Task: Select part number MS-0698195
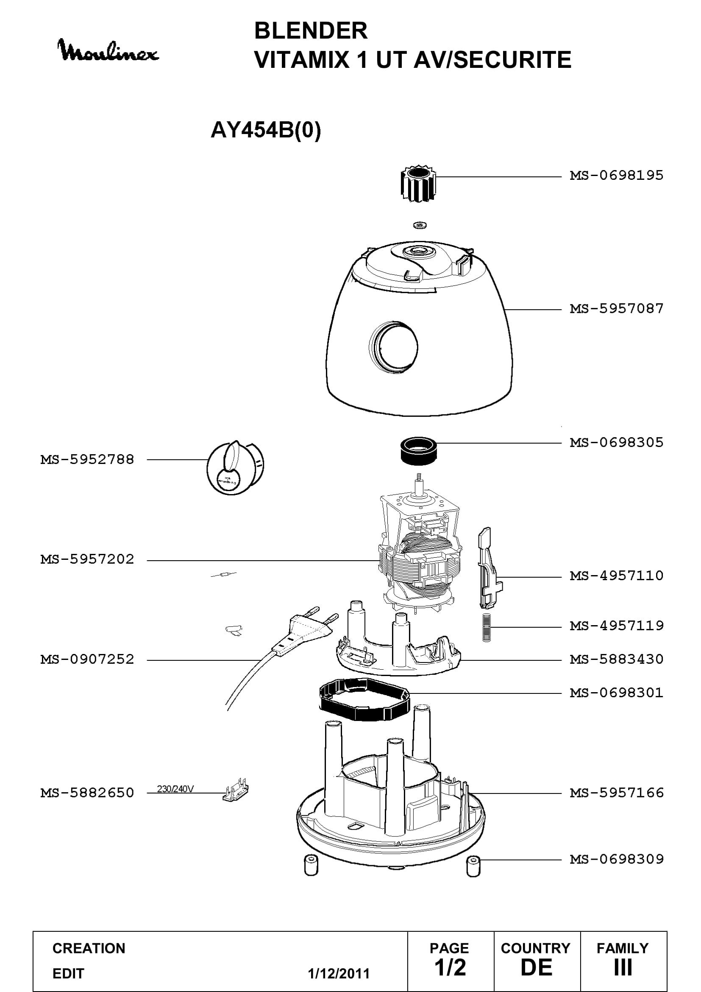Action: point(616,176)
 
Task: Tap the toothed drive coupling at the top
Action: point(418,183)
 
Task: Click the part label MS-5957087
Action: point(616,308)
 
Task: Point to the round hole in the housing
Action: point(393,347)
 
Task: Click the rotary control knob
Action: point(235,467)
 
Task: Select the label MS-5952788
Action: point(87,460)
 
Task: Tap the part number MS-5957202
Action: point(87,559)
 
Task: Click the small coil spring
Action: point(487,628)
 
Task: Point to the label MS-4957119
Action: point(616,626)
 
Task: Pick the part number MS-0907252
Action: point(87,660)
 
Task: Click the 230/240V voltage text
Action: point(175,789)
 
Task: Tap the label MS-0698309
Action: point(616,859)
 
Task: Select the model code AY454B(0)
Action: point(266,130)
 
